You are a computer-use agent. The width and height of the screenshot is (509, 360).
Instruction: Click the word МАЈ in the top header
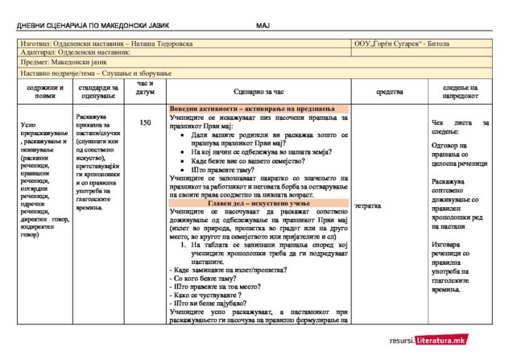pyautogui.click(x=263, y=25)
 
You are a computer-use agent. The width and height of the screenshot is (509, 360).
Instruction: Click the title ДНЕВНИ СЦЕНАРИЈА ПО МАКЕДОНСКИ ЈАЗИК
pyautogui.click(x=85, y=25)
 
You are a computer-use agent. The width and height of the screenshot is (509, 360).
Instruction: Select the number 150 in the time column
pyautogui.click(x=144, y=123)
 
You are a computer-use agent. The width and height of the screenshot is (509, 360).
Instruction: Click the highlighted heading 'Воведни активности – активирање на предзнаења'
pyautogui.click(x=258, y=109)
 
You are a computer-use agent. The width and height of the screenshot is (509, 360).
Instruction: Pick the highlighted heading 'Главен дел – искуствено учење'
pyautogui.click(x=258, y=201)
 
